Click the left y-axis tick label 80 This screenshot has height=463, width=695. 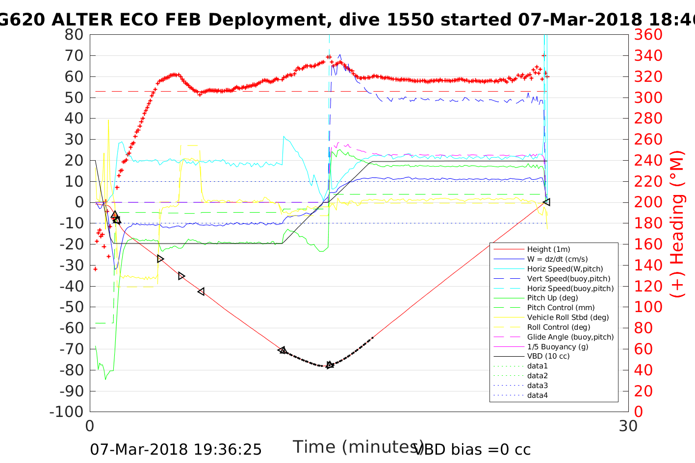(74, 35)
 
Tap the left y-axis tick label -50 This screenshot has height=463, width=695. (72, 307)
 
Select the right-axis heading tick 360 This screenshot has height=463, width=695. (648, 35)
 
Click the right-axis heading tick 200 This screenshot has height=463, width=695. (648, 202)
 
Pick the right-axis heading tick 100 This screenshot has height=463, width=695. (648, 307)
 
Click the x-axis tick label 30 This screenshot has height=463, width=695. (628, 426)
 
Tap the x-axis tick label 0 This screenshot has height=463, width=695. (90, 426)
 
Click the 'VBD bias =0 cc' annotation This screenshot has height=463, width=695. (472, 449)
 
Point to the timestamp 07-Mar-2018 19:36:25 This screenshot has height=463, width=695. (176, 449)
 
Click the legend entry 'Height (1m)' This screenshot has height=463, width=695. (548, 249)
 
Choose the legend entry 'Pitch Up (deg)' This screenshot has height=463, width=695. (552, 298)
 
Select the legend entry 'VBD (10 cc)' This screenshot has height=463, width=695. (548, 356)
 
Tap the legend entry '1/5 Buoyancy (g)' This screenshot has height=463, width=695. (557, 346)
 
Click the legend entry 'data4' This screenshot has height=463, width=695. (537, 395)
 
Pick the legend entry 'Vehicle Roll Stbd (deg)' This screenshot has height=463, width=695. (567, 317)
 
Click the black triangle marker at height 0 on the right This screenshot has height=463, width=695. (546, 202)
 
